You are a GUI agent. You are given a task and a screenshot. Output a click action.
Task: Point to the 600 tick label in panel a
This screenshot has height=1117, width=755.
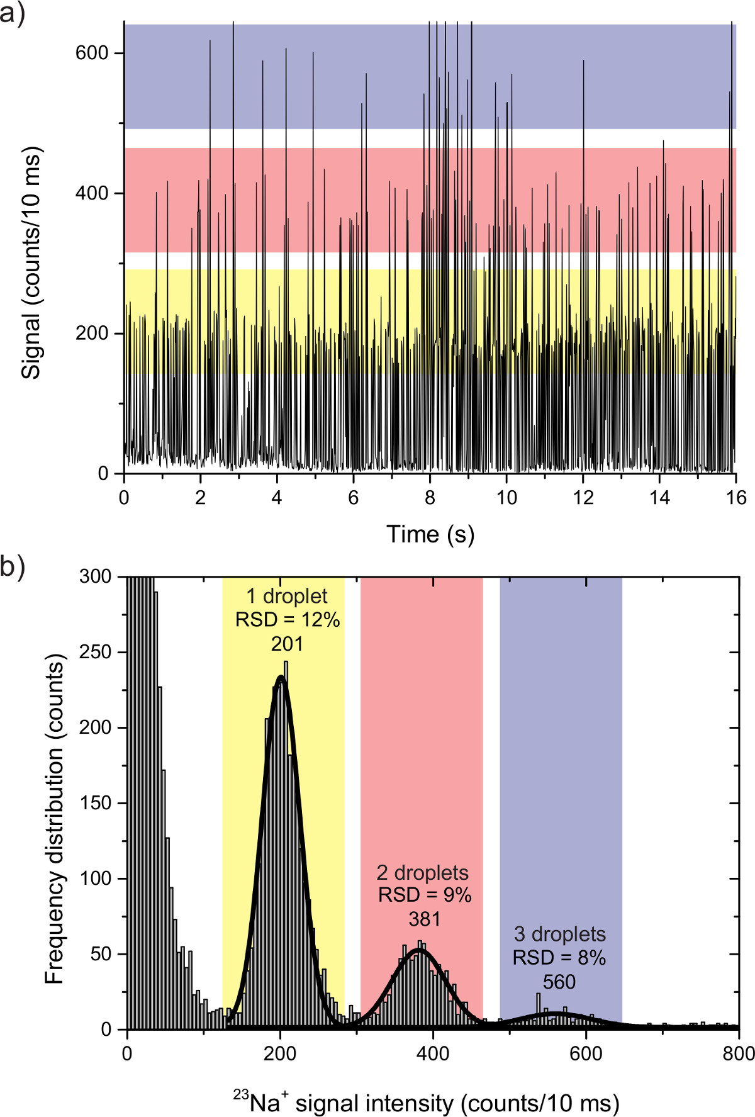coord(92,53)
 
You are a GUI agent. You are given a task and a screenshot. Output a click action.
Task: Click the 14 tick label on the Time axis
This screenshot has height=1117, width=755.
coord(659,498)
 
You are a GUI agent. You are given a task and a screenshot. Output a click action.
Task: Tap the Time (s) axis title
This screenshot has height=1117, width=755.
coord(430,534)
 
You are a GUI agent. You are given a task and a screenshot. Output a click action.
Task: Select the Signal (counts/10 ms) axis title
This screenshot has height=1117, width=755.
coord(31,262)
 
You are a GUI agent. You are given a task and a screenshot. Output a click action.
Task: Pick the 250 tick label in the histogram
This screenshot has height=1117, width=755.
coord(96,652)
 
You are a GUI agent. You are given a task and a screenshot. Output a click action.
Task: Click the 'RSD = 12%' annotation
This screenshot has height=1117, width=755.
coord(288,620)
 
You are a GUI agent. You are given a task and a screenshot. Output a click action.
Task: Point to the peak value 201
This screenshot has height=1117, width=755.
coord(287,644)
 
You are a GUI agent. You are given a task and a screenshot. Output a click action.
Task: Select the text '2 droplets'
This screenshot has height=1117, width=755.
coord(423,873)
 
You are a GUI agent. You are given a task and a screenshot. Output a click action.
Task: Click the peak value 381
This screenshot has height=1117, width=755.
coord(425,919)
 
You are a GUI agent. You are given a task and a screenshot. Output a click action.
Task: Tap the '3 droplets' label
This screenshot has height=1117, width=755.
coord(560,935)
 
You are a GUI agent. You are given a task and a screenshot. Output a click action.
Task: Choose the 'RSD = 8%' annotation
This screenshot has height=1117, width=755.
coord(559,958)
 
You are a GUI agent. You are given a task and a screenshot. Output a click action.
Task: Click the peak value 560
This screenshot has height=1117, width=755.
coord(559,982)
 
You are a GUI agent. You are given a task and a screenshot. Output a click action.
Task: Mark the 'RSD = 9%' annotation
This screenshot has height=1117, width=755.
coord(425,895)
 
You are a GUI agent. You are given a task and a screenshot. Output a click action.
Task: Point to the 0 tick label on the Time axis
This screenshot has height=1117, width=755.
coord(124,498)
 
